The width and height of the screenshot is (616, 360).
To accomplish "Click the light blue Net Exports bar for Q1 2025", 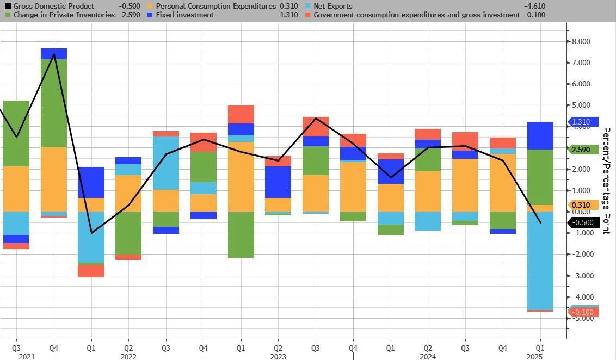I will coord(540,260).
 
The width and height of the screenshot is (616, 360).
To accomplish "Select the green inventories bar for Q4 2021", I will coord(54,103).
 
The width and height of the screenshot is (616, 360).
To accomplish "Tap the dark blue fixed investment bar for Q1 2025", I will coord(540,135).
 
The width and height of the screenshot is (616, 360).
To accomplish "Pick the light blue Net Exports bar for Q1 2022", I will coord(91,237).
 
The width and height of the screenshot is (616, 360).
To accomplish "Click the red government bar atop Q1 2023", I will coord(241,114).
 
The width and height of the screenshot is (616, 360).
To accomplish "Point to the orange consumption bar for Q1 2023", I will coord(241,177).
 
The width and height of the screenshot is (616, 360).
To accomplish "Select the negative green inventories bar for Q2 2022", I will coord(128,233).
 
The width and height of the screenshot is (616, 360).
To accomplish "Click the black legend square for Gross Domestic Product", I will coord(8,6).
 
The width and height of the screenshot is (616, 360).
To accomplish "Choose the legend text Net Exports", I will coord(333,6).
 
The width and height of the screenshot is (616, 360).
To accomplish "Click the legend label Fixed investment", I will coord(184,15).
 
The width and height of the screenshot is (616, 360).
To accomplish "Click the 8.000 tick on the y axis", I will coord(580,41).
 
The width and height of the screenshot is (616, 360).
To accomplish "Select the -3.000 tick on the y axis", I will coord(580,275).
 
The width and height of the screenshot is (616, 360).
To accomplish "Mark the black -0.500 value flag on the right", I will coord(583,222).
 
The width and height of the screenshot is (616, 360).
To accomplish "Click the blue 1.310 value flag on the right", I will coord(583,122).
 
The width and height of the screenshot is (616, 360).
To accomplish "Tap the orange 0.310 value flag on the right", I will coord(583,205).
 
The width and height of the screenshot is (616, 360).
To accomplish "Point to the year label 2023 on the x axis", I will coord(278,357).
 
